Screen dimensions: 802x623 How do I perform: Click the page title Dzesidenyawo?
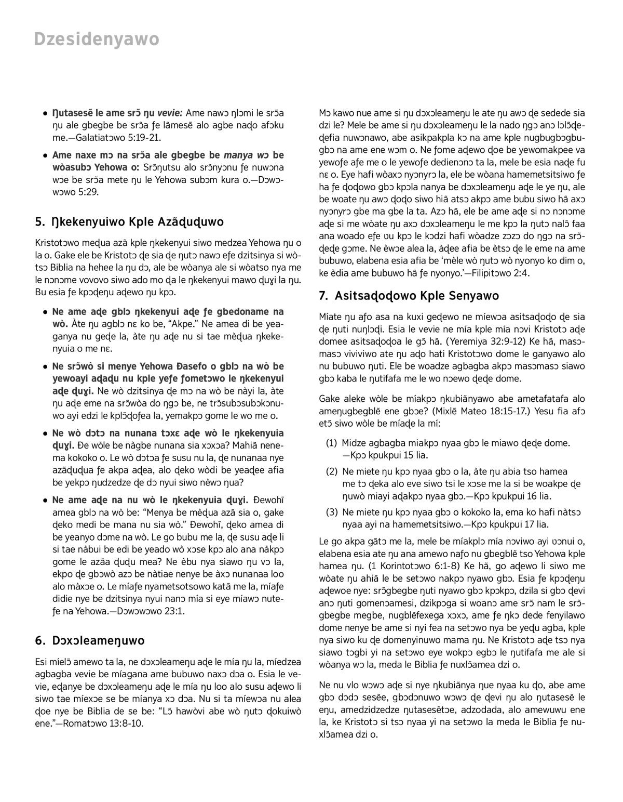[97, 40]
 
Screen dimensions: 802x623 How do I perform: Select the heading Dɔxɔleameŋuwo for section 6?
[98, 640]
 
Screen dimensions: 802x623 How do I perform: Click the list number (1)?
[332, 443]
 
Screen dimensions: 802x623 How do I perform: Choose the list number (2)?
[332, 471]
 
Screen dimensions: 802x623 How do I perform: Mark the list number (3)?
[332, 512]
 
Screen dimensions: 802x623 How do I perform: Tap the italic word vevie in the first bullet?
[169, 113]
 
